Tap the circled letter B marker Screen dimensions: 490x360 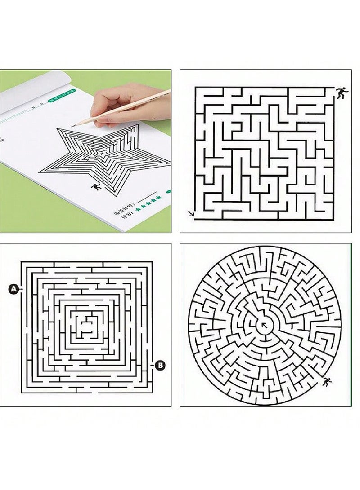(x=160, y=366)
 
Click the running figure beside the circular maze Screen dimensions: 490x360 (x=325, y=382)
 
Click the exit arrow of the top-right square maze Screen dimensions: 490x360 (x=192, y=214)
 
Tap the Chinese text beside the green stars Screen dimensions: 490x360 (x=129, y=206)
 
